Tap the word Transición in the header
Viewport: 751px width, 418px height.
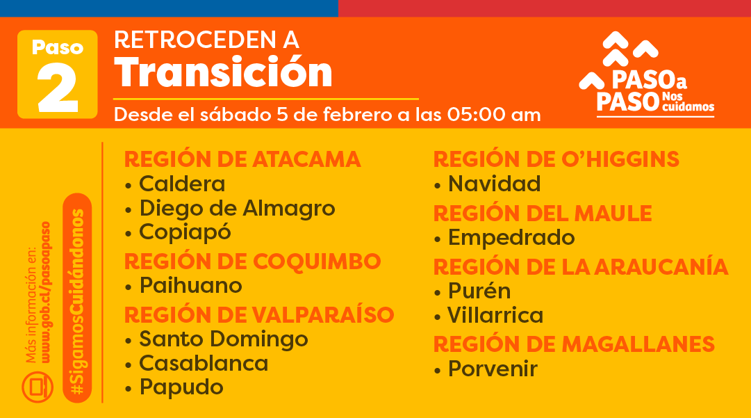click(x=223, y=72)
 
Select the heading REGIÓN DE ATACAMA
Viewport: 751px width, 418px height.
click(x=242, y=159)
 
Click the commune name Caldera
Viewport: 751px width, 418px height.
click(x=182, y=184)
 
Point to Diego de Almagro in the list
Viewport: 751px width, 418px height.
click(x=237, y=208)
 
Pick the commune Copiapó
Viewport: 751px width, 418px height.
click(x=185, y=232)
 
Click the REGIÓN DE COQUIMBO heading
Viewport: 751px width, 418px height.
click(x=252, y=261)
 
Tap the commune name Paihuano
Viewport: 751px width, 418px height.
click(x=190, y=285)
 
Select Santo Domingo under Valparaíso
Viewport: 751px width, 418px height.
click(x=223, y=339)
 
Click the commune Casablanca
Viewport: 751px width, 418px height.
click(x=204, y=363)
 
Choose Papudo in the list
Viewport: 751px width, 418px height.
click(x=181, y=387)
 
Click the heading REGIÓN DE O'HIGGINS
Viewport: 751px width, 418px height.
click(x=556, y=159)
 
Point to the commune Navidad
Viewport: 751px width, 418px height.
click(x=494, y=184)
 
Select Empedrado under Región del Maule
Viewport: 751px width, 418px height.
click(x=511, y=238)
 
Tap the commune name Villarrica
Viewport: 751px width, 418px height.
click(x=495, y=316)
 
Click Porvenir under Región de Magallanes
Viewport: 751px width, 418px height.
click(x=493, y=369)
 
